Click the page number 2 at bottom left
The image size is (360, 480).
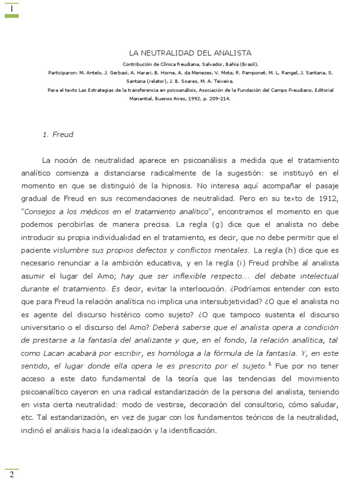point(11,474)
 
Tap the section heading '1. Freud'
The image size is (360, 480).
point(58,135)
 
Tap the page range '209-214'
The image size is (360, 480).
point(220,99)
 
